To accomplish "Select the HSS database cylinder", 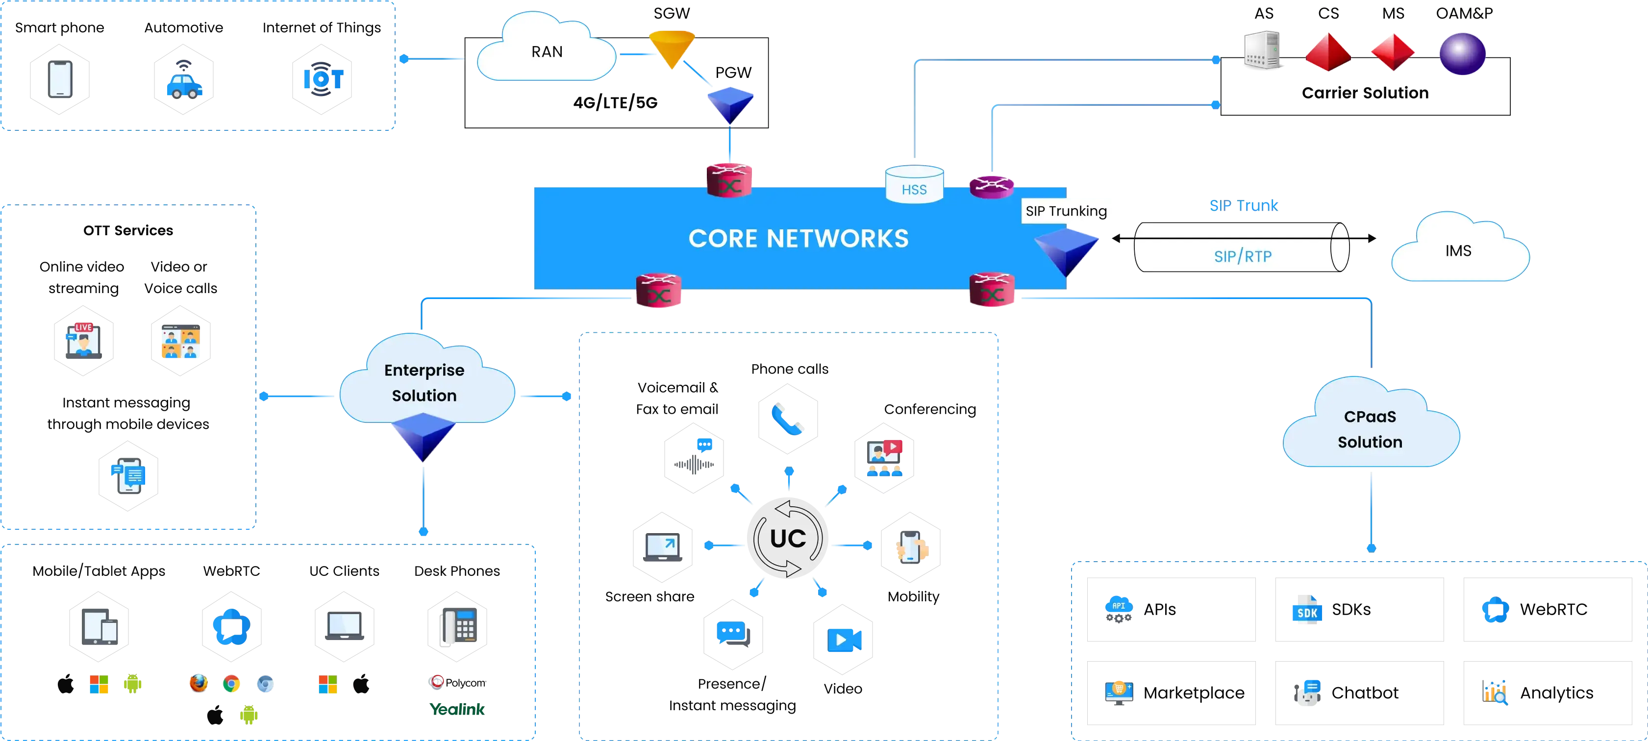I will tap(914, 185).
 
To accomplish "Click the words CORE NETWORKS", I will tap(798, 239).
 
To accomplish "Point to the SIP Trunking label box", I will tap(1066, 212).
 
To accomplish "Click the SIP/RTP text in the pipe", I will tap(1243, 256).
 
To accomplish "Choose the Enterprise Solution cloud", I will tap(424, 382).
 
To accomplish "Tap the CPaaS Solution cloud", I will tap(1370, 428).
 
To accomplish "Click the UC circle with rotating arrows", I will tap(788, 538).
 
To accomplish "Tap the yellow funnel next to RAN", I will tap(671, 47).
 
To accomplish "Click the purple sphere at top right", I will tap(1462, 54).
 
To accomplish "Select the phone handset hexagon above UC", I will tap(788, 418).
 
